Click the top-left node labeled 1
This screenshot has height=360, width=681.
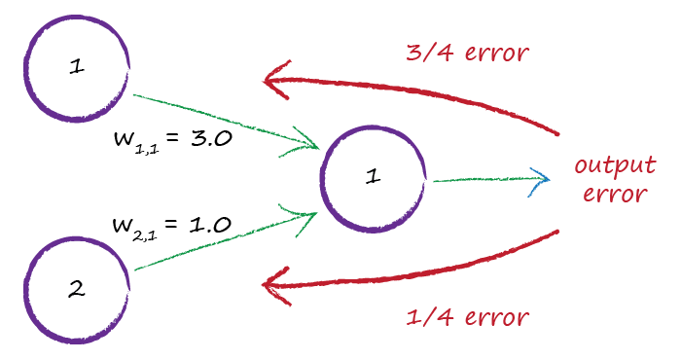[x=76, y=69]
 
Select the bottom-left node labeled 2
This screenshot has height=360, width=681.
[x=76, y=286]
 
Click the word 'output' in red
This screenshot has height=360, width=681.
[x=616, y=164]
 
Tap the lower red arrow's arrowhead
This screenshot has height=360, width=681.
[x=276, y=284]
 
